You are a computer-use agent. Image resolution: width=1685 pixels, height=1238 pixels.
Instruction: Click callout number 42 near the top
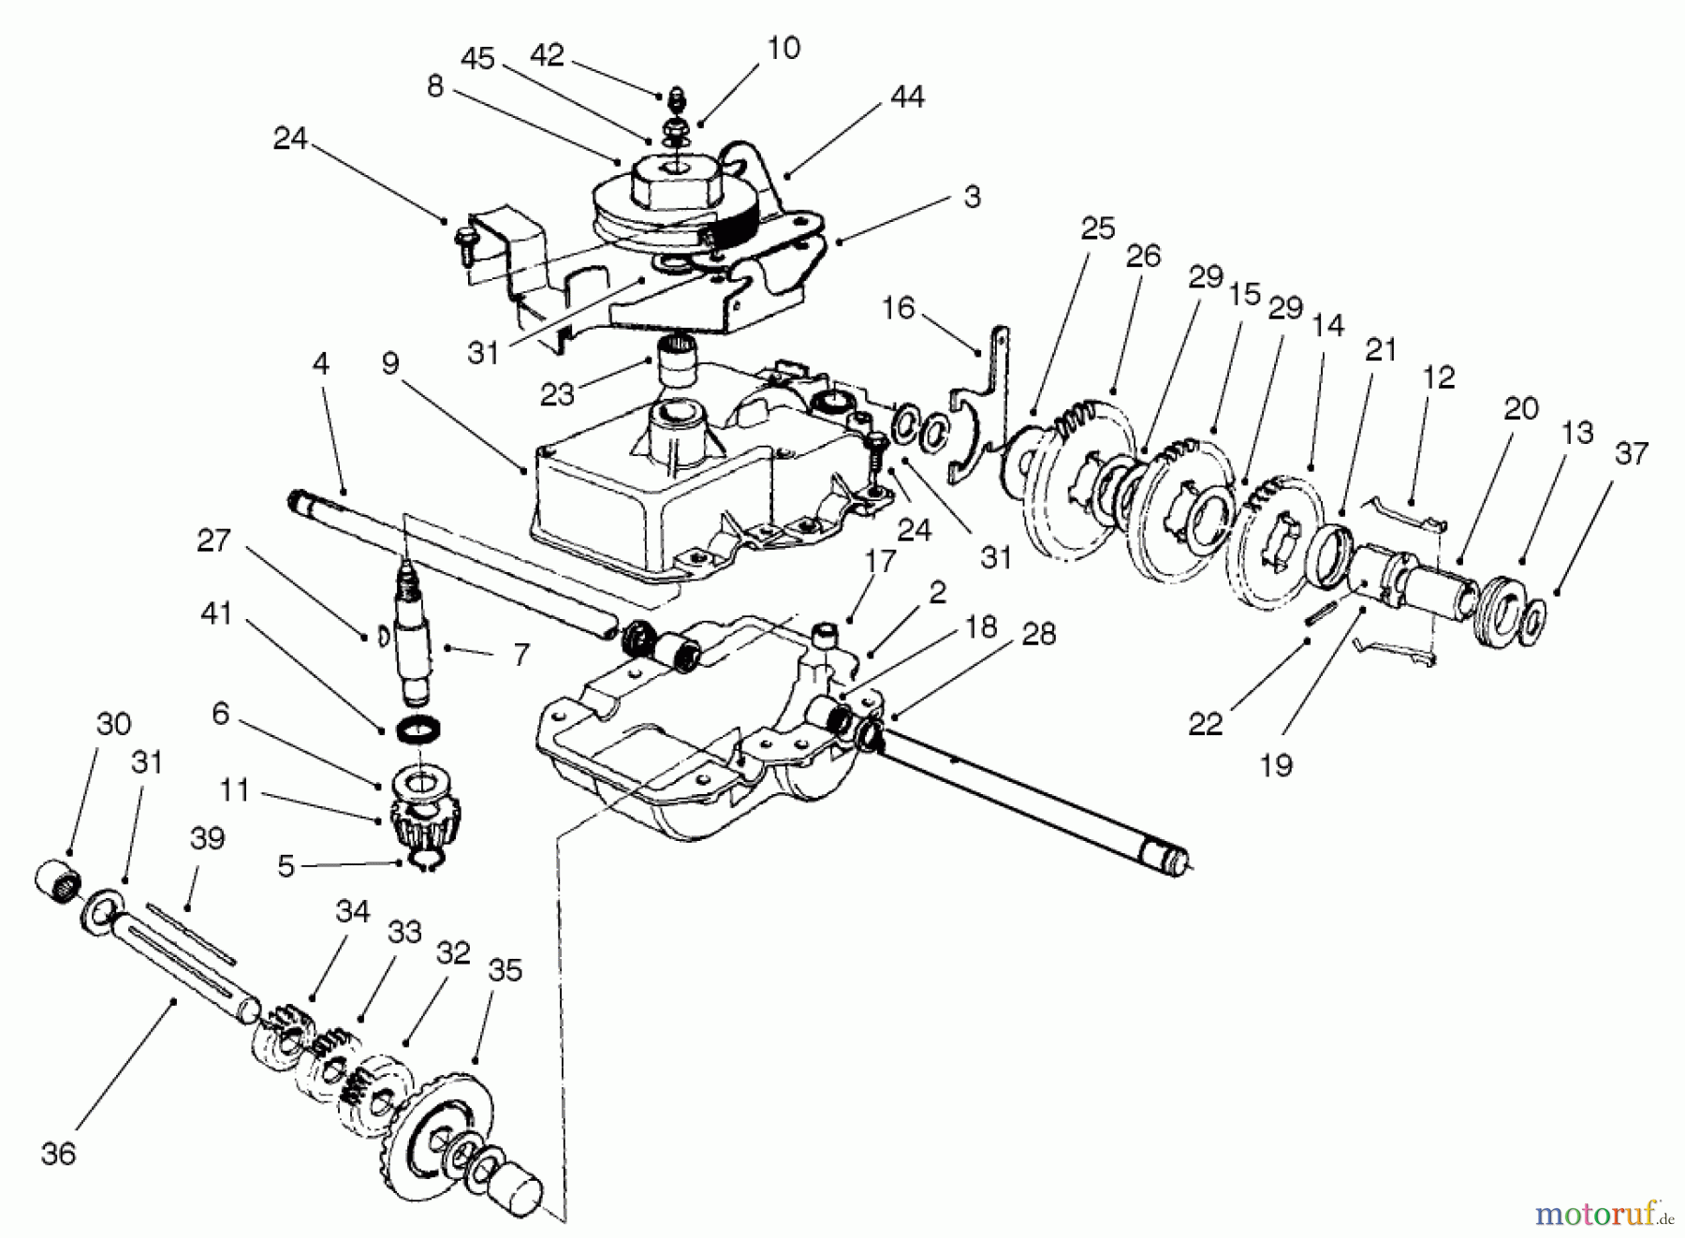pyautogui.click(x=548, y=55)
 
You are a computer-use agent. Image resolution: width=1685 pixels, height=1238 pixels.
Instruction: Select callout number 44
pyautogui.click(x=907, y=96)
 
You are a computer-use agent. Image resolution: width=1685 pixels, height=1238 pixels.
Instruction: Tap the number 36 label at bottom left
pyautogui.click(x=58, y=1154)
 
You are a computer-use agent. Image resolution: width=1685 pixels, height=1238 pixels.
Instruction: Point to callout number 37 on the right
pyautogui.click(x=1631, y=453)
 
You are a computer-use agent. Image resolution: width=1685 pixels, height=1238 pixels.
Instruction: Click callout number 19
pyautogui.click(x=1277, y=765)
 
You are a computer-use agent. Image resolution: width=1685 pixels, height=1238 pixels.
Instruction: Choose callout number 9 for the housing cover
pyautogui.click(x=390, y=363)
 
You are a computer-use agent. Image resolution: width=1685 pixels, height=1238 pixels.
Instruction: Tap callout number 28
pyautogui.click(x=1039, y=634)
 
